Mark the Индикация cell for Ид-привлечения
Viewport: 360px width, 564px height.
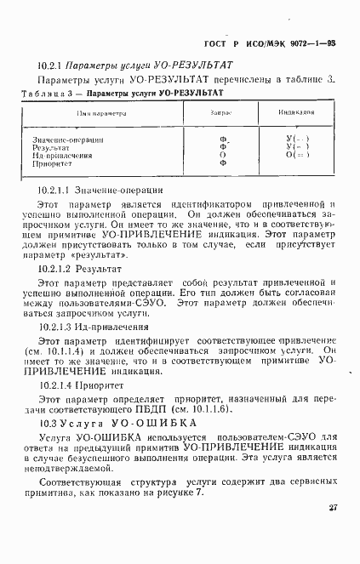point(297,155)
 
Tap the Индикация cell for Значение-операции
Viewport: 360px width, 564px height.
point(297,138)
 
